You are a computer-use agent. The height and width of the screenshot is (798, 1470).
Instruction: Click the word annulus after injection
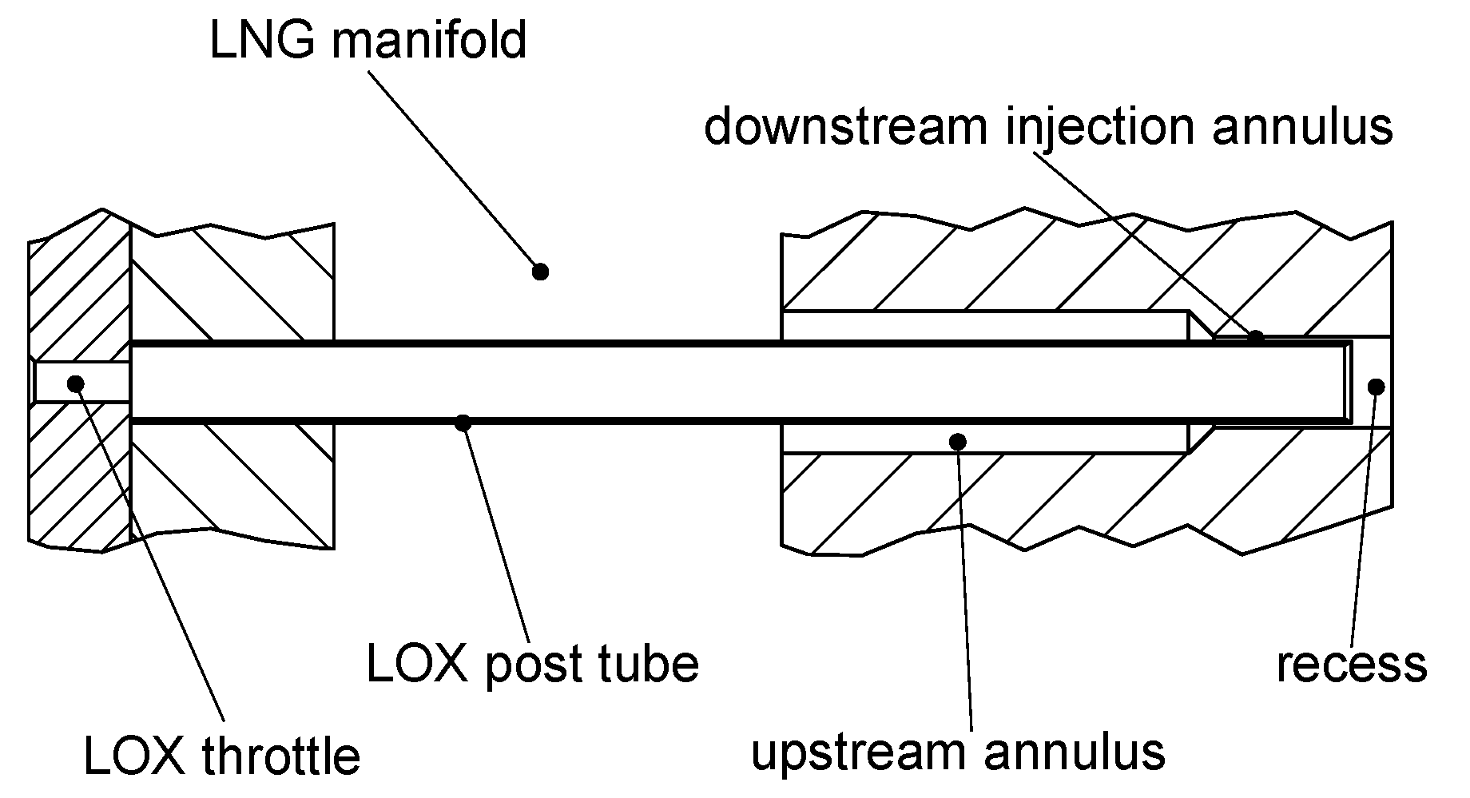(x=1303, y=126)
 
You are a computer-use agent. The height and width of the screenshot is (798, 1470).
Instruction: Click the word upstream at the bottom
(x=858, y=752)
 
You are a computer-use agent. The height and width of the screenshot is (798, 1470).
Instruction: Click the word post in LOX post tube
(x=534, y=665)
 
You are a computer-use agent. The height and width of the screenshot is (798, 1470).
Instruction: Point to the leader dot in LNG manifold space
(x=540, y=272)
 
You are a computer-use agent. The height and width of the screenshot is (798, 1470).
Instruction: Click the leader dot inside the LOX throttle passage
(x=76, y=383)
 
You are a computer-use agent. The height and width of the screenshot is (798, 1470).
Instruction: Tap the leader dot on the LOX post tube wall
(x=463, y=422)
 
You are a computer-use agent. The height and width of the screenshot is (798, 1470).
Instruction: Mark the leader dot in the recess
(x=1375, y=387)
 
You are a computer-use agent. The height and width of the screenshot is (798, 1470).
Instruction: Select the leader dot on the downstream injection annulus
(x=1256, y=338)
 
